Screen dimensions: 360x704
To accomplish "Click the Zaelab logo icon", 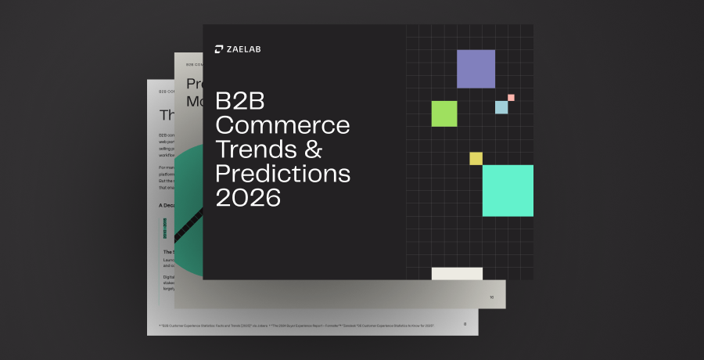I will [219, 50].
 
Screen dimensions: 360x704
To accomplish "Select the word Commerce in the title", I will [282, 127].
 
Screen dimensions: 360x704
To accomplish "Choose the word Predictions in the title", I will [282, 173].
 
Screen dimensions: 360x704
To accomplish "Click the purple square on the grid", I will [476, 69].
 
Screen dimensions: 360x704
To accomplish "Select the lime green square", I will [444, 113].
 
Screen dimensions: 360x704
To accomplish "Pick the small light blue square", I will [501, 107].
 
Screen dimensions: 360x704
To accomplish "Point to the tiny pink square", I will [511, 98].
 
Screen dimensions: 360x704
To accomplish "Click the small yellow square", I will [476, 159].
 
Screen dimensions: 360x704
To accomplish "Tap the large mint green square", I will [508, 190].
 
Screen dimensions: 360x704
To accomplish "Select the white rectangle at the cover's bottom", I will [457, 273].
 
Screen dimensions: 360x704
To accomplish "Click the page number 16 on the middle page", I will [492, 297].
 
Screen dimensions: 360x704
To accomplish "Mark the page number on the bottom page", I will [465, 323].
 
